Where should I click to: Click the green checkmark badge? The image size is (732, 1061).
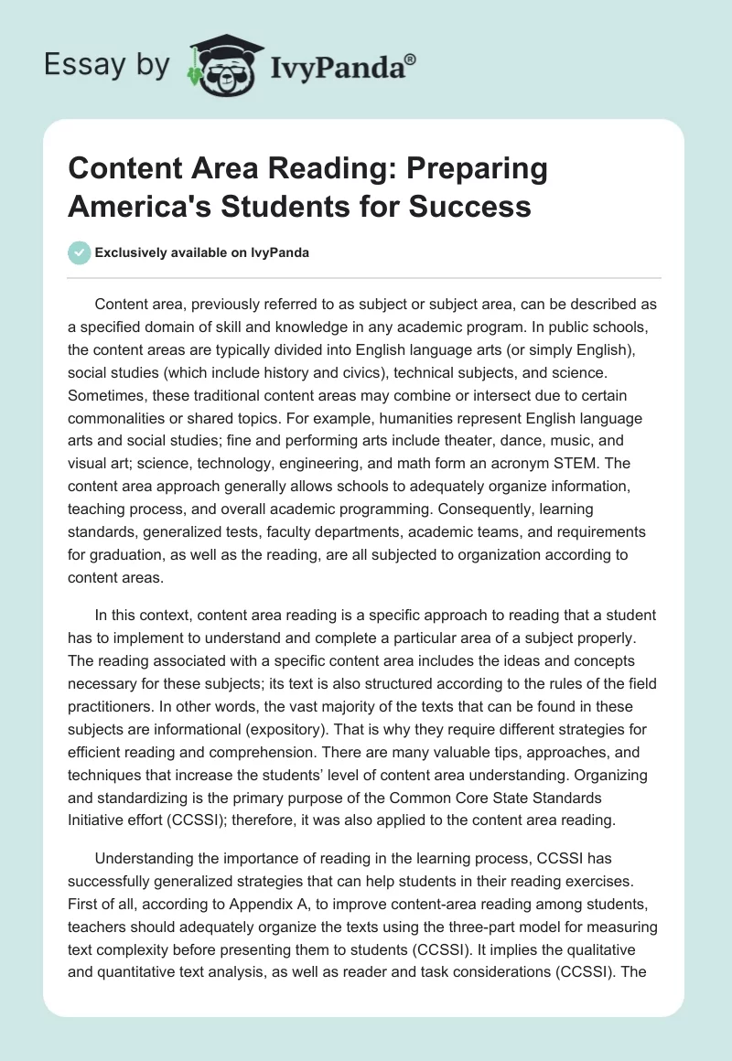point(80,252)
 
